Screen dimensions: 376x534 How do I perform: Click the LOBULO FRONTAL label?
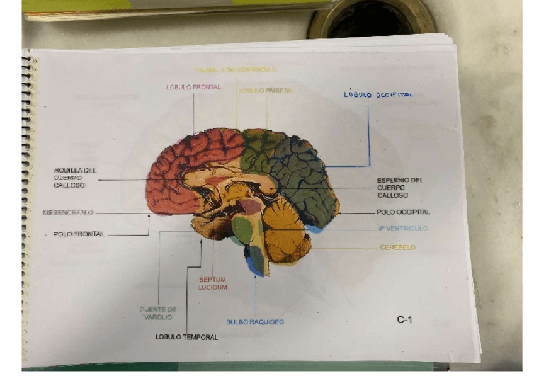pos(193,87)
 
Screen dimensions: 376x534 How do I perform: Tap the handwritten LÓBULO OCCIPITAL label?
pos(378,94)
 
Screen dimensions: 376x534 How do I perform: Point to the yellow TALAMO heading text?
pos(235,69)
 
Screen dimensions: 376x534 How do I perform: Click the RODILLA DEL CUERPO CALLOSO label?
pos(74,178)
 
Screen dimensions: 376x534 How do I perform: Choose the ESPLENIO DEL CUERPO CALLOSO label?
pos(399,187)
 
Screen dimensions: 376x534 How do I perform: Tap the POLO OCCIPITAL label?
pos(403,212)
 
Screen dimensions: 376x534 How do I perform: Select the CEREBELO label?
pos(397,248)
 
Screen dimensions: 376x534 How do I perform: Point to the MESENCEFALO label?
pos(67,213)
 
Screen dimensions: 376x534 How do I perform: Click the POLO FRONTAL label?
pos(78,234)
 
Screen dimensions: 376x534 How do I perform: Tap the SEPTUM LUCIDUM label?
pos(212,283)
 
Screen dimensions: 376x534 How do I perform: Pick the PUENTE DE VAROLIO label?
pos(157,313)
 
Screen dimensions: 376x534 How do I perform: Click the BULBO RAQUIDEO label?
pos(254,322)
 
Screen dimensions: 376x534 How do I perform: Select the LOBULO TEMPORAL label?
pos(186,337)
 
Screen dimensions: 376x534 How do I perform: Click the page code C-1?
pos(404,320)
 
